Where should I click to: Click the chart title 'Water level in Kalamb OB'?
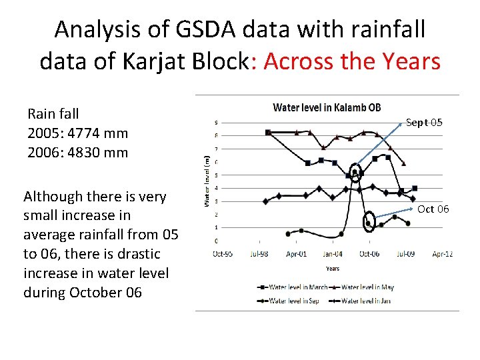[x=327, y=108]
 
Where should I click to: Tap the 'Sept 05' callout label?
[x=424, y=123]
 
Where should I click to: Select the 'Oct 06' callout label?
[x=433, y=209]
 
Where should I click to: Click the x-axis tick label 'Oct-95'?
[x=223, y=253]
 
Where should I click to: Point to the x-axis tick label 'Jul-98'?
[x=259, y=253]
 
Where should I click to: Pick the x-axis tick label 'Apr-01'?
[x=296, y=253]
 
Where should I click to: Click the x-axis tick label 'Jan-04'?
[x=333, y=253]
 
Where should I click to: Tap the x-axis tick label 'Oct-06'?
[x=369, y=253]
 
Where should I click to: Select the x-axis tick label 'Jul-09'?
[x=406, y=253]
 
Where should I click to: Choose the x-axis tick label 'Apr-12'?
[x=442, y=253]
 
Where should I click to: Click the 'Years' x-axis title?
[x=333, y=269]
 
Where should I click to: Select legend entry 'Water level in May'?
[x=367, y=287]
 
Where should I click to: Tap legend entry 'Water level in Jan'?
[x=365, y=301]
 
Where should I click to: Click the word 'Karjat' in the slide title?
[x=153, y=61]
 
